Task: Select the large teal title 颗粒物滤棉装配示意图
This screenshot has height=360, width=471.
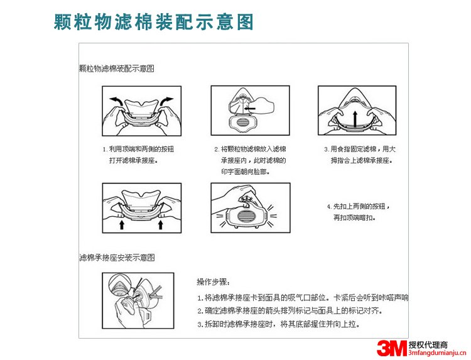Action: (x=154, y=22)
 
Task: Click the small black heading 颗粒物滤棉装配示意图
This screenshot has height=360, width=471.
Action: (x=117, y=68)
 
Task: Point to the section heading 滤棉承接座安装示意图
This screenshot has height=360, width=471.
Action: (x=117, y=258)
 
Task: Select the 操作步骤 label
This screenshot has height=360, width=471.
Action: (x=214, y=281)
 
